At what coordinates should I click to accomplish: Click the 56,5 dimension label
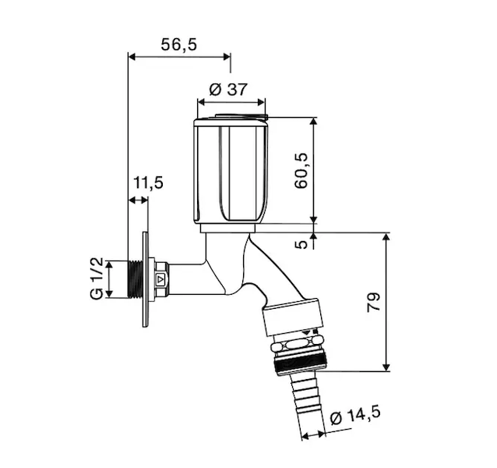coord(179,44)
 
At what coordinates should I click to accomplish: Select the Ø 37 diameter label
coord(228,90)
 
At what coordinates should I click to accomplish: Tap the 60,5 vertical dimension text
coord(301,171)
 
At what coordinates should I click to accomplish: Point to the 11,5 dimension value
coord(148,183)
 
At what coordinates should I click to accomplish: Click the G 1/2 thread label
coord(97,278)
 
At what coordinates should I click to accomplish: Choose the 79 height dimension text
coord(373,303)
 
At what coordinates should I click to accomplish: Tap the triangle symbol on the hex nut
coord(160,279)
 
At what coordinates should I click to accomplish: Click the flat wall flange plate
coord(145,279)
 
